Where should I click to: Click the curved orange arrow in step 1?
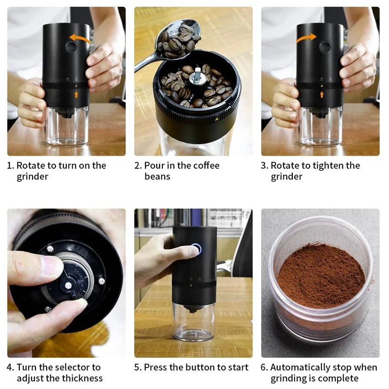tap(79, 37)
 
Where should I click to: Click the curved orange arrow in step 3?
tap(307, 37)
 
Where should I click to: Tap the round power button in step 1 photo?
tap(71, 47)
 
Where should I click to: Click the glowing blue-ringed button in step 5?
tap(196, 249)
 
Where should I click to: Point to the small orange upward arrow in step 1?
tap(76, 94)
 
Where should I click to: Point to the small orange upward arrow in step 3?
tap(322, 94)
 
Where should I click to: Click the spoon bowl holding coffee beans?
tap(177, 40)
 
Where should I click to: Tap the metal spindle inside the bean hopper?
tap(197, 76)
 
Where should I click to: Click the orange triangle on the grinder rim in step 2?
tap(217, 119)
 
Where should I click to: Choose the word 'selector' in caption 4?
tap(71, 367)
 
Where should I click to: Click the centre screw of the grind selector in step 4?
tap(68, 286)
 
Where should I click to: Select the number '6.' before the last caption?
tap(264, 367)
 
